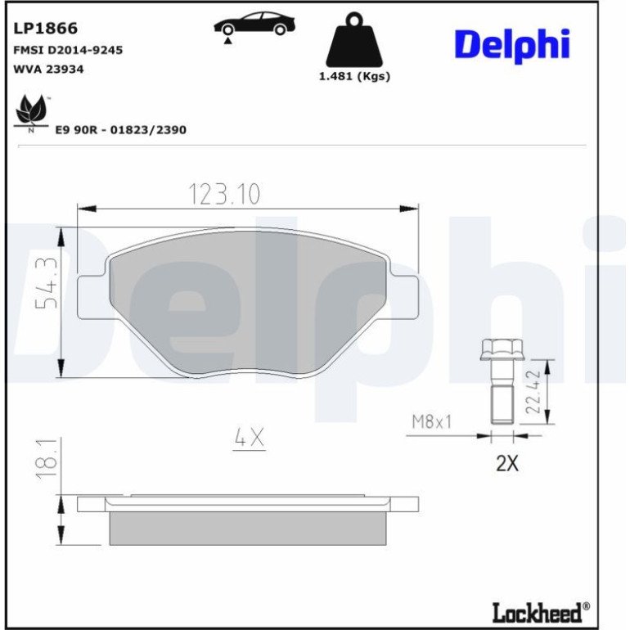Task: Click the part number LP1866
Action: tap(45, 29)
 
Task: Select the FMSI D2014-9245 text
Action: tap(68, 50)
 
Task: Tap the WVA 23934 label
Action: tap(48, 69)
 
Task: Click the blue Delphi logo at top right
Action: tap(512, 45)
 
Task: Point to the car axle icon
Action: tap(254, 26)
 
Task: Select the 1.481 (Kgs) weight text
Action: tap(354, 76)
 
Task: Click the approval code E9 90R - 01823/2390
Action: tap(120, 130)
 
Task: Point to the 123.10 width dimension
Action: tap(224, 194)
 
